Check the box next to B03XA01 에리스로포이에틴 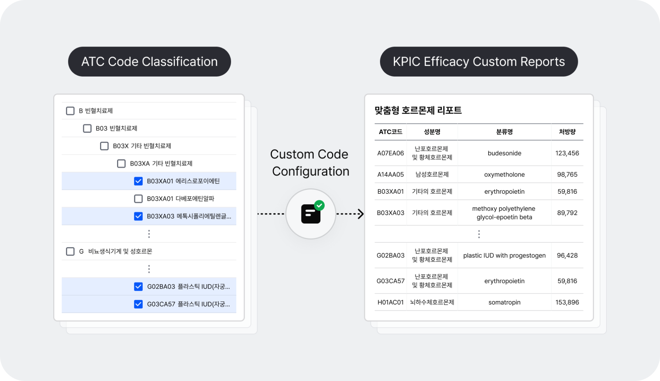click(138, 181)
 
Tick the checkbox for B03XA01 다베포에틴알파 click(138, 199)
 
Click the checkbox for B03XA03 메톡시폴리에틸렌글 click(138, 216)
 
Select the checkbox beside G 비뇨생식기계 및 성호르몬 click(70, 251)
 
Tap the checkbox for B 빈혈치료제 click(70, 111)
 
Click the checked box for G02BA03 click(138, 286)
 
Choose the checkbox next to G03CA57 click(138, 304)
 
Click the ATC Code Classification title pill click(149, 62)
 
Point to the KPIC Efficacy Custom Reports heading click(479, 62)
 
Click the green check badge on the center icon click(319, 205)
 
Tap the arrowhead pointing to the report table click(361, 214)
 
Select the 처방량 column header click(567, 132)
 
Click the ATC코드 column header click(390, 132)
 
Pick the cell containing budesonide click(504, 153)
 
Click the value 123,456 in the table click(567, 153)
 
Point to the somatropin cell click(504, 302)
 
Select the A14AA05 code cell click(390, 174)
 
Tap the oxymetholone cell click(504, 174)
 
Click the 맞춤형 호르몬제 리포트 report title click(418, 110)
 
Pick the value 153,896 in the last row click(567, 302)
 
